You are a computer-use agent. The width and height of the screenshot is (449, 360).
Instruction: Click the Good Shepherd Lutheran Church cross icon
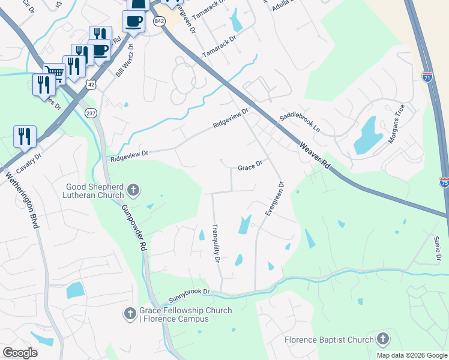133,191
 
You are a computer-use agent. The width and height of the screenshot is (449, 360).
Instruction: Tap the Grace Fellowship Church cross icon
129,314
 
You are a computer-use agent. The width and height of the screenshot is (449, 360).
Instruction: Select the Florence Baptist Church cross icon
382,340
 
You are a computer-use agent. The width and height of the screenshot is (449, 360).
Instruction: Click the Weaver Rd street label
315,155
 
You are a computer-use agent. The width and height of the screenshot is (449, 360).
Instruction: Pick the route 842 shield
159,21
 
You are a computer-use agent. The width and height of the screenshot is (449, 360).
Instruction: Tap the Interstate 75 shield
444,182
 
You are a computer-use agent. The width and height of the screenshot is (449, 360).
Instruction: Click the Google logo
20,353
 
